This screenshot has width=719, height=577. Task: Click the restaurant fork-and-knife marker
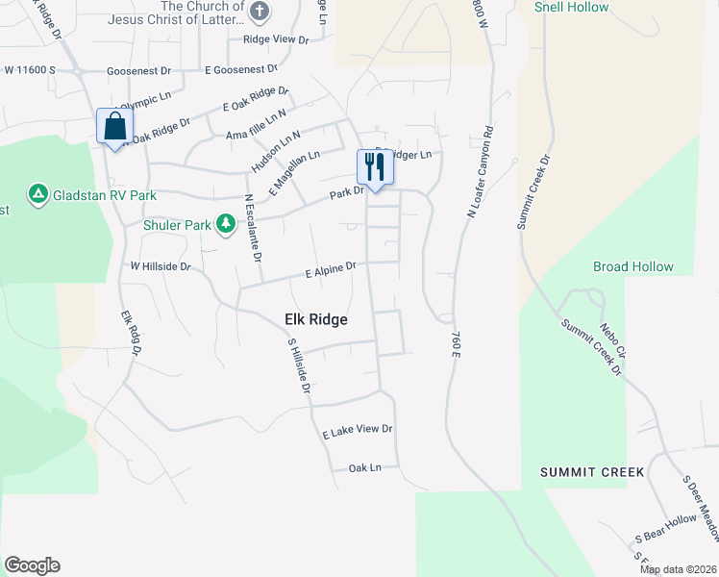[x=373, y=166]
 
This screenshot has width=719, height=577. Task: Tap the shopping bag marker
[x=114, y=125]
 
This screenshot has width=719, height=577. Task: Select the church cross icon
[x=259, y=12]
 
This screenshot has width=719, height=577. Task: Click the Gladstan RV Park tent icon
[x=37, y=195]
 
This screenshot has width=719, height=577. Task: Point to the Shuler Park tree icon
[x=226, y=225]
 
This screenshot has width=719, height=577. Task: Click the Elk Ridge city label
[x=315, y=319]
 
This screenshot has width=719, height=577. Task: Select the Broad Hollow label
[x=632, y=266]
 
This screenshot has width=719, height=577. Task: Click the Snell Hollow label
[x=571, y=7]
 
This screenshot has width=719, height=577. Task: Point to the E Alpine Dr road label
[x=331, y=271]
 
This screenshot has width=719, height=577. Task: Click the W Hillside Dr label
[x=161, y=265]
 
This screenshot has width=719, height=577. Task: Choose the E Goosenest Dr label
[x=240, y=69]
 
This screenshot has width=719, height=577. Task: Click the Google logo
[x=32, y=565]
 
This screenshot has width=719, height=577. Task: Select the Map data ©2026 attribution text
[x=678, y=569]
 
